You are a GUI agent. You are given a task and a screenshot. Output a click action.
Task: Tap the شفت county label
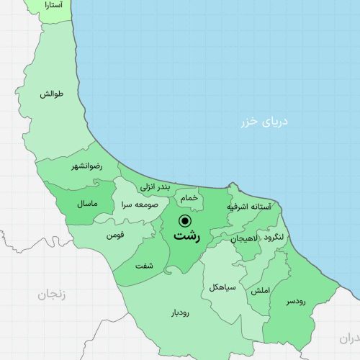[x=144, y=266]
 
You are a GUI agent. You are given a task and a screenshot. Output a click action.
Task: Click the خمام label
[x=188, y=197]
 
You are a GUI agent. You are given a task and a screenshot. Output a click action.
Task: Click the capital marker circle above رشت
[x=185, y=220]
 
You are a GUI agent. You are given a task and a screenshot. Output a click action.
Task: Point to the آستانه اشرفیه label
[x=249, y=207]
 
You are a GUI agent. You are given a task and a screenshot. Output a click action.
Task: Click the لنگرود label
[x=278, y=238]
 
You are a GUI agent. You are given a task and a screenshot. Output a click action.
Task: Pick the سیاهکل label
[x=222, y=287]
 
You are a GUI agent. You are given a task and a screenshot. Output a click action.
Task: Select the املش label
[x=260, y=291]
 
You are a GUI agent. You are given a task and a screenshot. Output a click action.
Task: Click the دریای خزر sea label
[x=264, y=122]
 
